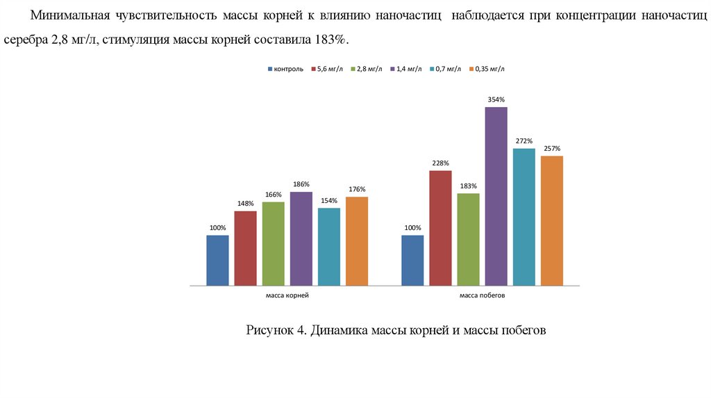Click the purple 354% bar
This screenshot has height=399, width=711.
(x=496, y=196)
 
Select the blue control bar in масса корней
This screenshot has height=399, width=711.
(x=217, y=260)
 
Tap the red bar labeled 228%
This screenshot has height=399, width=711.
(x=440, y=228)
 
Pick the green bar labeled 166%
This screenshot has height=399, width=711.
(x=273, y=243)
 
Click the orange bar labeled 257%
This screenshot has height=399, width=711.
(x=551, y=220)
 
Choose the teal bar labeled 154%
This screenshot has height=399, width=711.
(x=328, y=247)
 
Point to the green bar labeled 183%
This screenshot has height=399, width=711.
(x=468, y=239)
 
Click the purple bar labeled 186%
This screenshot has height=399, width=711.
(x=301, y=238)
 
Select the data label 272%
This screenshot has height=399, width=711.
(x=524, y=141)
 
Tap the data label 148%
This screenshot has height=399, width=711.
(x=245, y=204)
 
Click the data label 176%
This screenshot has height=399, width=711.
(x=357, y=189)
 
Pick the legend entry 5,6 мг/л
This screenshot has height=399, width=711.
(x=330, y=69)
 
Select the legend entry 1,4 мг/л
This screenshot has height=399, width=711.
(x=409, y=69)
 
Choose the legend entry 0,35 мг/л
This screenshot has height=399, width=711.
(x=490, y=69)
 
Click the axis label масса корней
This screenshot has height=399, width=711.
(x=287, y=295)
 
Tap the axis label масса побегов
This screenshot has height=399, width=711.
(x=482, y=295)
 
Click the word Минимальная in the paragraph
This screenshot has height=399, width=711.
(x=69, y=15)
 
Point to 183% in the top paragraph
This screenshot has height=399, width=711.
(x=329, y=40)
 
